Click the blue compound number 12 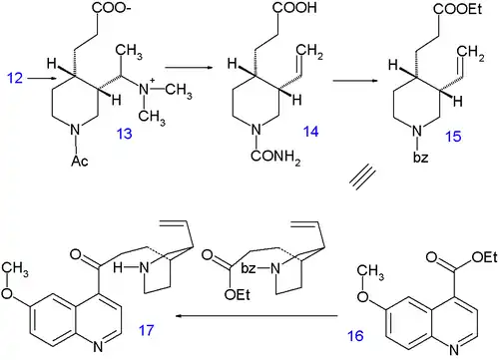(15, 78)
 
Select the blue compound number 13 (124, 134)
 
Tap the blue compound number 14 (310, 132)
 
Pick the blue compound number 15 (453, 137)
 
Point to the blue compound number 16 (355, 336)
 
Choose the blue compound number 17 (147, 330)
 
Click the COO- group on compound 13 (111, 8)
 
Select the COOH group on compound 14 (294, 8)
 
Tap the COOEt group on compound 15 (457, 9)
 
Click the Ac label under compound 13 (80, 161)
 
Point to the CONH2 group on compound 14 (275, 157)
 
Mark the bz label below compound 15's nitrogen (420, 157)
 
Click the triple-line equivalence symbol (363, 179)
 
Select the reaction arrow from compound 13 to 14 (189, 68)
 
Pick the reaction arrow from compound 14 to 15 (356, 81)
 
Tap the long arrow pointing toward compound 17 (256, 316)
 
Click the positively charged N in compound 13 (145, 89)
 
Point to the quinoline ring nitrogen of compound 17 (98, 347)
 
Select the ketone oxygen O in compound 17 (76, 255)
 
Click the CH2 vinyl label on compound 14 (309, 51)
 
